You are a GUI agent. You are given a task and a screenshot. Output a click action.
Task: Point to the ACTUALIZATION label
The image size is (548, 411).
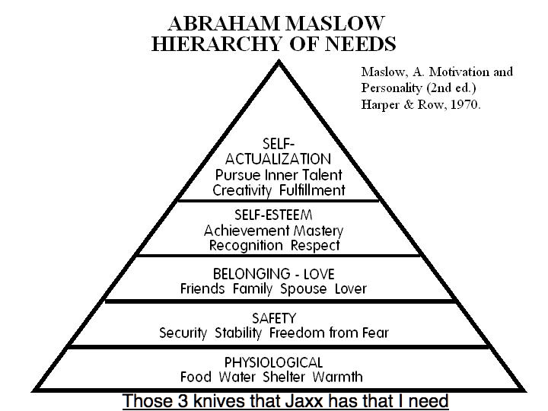click(278, 159)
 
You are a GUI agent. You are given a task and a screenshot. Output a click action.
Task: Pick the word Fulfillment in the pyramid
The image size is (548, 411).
click(311, 190)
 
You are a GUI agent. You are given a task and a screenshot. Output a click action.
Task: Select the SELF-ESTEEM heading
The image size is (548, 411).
click(273, 215)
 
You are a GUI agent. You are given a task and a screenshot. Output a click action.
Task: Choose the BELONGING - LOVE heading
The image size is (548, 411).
click(273, 273)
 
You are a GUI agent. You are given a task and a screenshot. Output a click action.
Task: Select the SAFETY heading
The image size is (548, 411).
click(273, 317)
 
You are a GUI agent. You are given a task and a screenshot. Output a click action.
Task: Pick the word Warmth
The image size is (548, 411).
click(340, 376)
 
